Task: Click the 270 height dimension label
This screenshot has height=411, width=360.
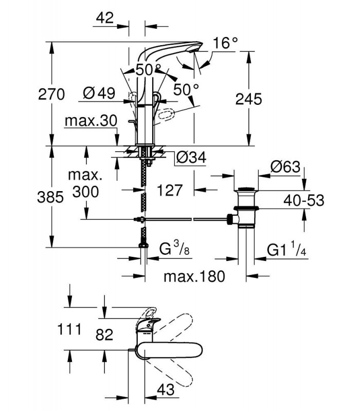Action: (51, 95)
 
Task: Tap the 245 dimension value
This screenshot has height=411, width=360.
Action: (248, 99)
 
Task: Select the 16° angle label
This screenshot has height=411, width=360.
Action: (225, 43)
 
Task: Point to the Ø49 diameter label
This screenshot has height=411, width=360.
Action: (99, 93)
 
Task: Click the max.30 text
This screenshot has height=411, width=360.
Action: (91, 121)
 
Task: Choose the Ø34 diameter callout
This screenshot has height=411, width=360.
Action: (191, 157)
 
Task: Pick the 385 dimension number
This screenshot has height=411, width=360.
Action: (50, 197)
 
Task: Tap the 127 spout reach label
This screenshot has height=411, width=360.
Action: (170, 190)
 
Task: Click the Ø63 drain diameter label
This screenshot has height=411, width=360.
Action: (285, 166)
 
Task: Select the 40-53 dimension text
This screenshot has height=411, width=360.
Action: (304, 200)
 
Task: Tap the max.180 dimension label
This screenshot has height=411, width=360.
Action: (194, 276)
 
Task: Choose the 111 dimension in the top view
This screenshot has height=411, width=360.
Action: (69, 329)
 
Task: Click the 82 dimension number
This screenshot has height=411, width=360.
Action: (104, 335)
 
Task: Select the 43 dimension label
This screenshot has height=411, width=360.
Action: (166, 389)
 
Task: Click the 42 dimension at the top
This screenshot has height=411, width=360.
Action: (105, 18)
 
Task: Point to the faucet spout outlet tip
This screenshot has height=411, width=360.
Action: (196, 49)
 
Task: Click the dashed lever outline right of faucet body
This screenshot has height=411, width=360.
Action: (166, 115)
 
